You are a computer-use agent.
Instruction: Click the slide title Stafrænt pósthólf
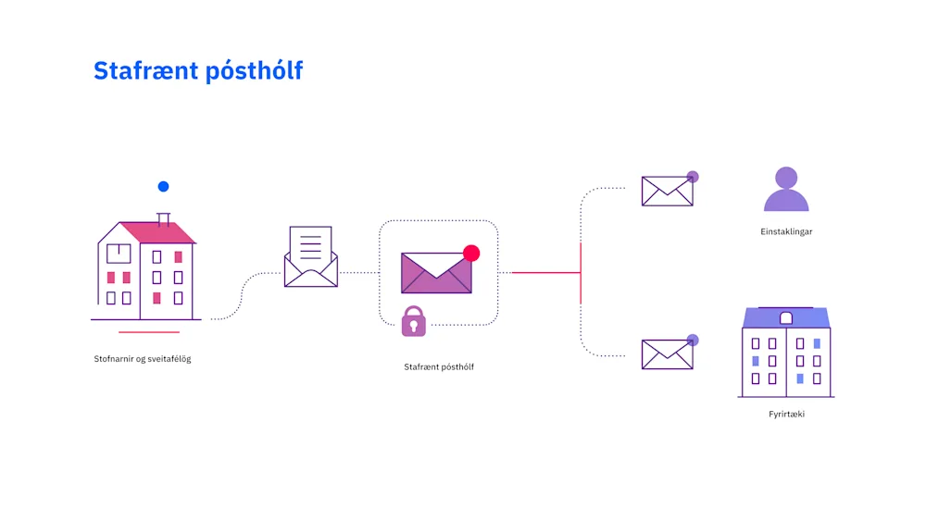[x=198, y=70]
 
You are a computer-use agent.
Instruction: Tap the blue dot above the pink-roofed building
[x=163, y=186]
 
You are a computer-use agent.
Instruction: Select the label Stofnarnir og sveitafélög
[x=143, y=359]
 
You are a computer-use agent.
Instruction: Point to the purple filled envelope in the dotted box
[x=435, y=273]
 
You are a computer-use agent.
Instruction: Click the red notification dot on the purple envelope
[x=471, y=253]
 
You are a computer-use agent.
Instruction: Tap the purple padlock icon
[x=414, y=321]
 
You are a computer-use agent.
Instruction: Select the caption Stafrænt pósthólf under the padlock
[x=439, y=367]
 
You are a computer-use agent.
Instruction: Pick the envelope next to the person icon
[x=667, y=192]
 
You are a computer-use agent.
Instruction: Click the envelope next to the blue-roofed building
[x=667, y=354]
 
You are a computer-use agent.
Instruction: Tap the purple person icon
[x=786, y=190]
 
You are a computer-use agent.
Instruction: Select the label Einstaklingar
[x=786, y=231]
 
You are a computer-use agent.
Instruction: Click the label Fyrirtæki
[x=786, y=415]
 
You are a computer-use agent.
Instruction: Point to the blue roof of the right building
[x=786, y=317]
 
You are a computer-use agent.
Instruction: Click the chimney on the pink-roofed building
[x=164, y=218]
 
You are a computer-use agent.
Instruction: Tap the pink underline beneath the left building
[x=148, y=331]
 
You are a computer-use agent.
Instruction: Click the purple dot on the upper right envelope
[x=693, y=177]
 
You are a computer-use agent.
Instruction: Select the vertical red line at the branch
[x=581, y=273]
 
